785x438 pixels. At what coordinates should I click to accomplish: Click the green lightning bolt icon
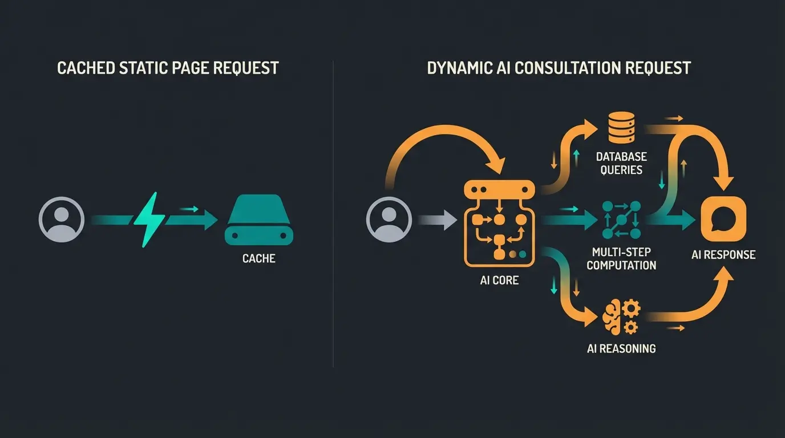(x=149, y=220)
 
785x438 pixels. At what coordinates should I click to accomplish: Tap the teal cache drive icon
(x=259, y=220)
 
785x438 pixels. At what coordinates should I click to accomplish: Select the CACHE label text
(x=259, y=258)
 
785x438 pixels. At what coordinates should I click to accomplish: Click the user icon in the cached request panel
(x=62, y=220)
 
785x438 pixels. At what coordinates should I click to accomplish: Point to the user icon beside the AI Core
(x=389, y=220)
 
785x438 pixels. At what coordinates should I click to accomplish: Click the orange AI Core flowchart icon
(x=500, y=223)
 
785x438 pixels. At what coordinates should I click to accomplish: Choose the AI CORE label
(x=500, y=280)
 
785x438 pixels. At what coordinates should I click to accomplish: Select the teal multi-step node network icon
(x=621, y=220)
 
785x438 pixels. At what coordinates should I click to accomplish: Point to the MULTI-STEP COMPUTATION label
(x=621, y=258)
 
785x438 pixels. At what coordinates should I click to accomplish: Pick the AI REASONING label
(x=621, y=348)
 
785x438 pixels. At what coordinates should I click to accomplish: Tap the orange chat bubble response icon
(x=723, y=220)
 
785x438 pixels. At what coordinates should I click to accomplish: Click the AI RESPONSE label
(x=723, y=254)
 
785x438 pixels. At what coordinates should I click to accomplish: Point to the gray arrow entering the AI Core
(x=438, y=220)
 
